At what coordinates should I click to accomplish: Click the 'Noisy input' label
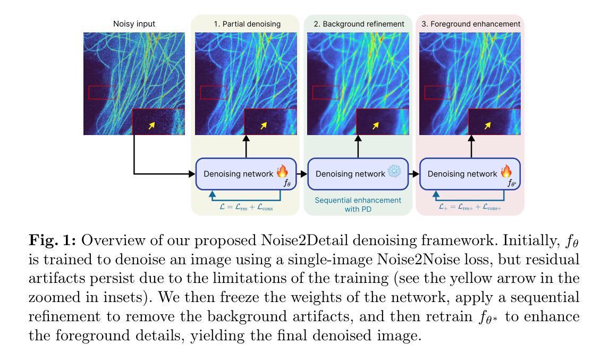coord(134,24)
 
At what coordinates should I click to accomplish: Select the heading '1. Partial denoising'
coord(247,24)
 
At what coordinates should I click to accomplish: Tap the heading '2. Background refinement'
coord(359,24)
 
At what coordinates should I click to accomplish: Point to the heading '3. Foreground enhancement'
coord(471,24)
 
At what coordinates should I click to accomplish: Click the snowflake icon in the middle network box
coord(394,172)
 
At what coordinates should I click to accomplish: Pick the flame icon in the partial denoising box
coord(282,171)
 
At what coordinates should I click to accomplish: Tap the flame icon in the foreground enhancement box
coord(506,171)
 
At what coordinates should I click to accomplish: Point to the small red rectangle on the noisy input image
coord(102,93)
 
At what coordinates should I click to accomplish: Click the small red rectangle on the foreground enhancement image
coord(438,93)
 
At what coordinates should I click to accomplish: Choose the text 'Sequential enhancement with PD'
coord(358,205)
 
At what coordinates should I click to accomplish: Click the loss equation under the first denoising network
coord(246,207)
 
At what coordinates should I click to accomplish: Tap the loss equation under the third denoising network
coord(470,207)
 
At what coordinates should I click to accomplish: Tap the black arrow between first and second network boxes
coord(303,174)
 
